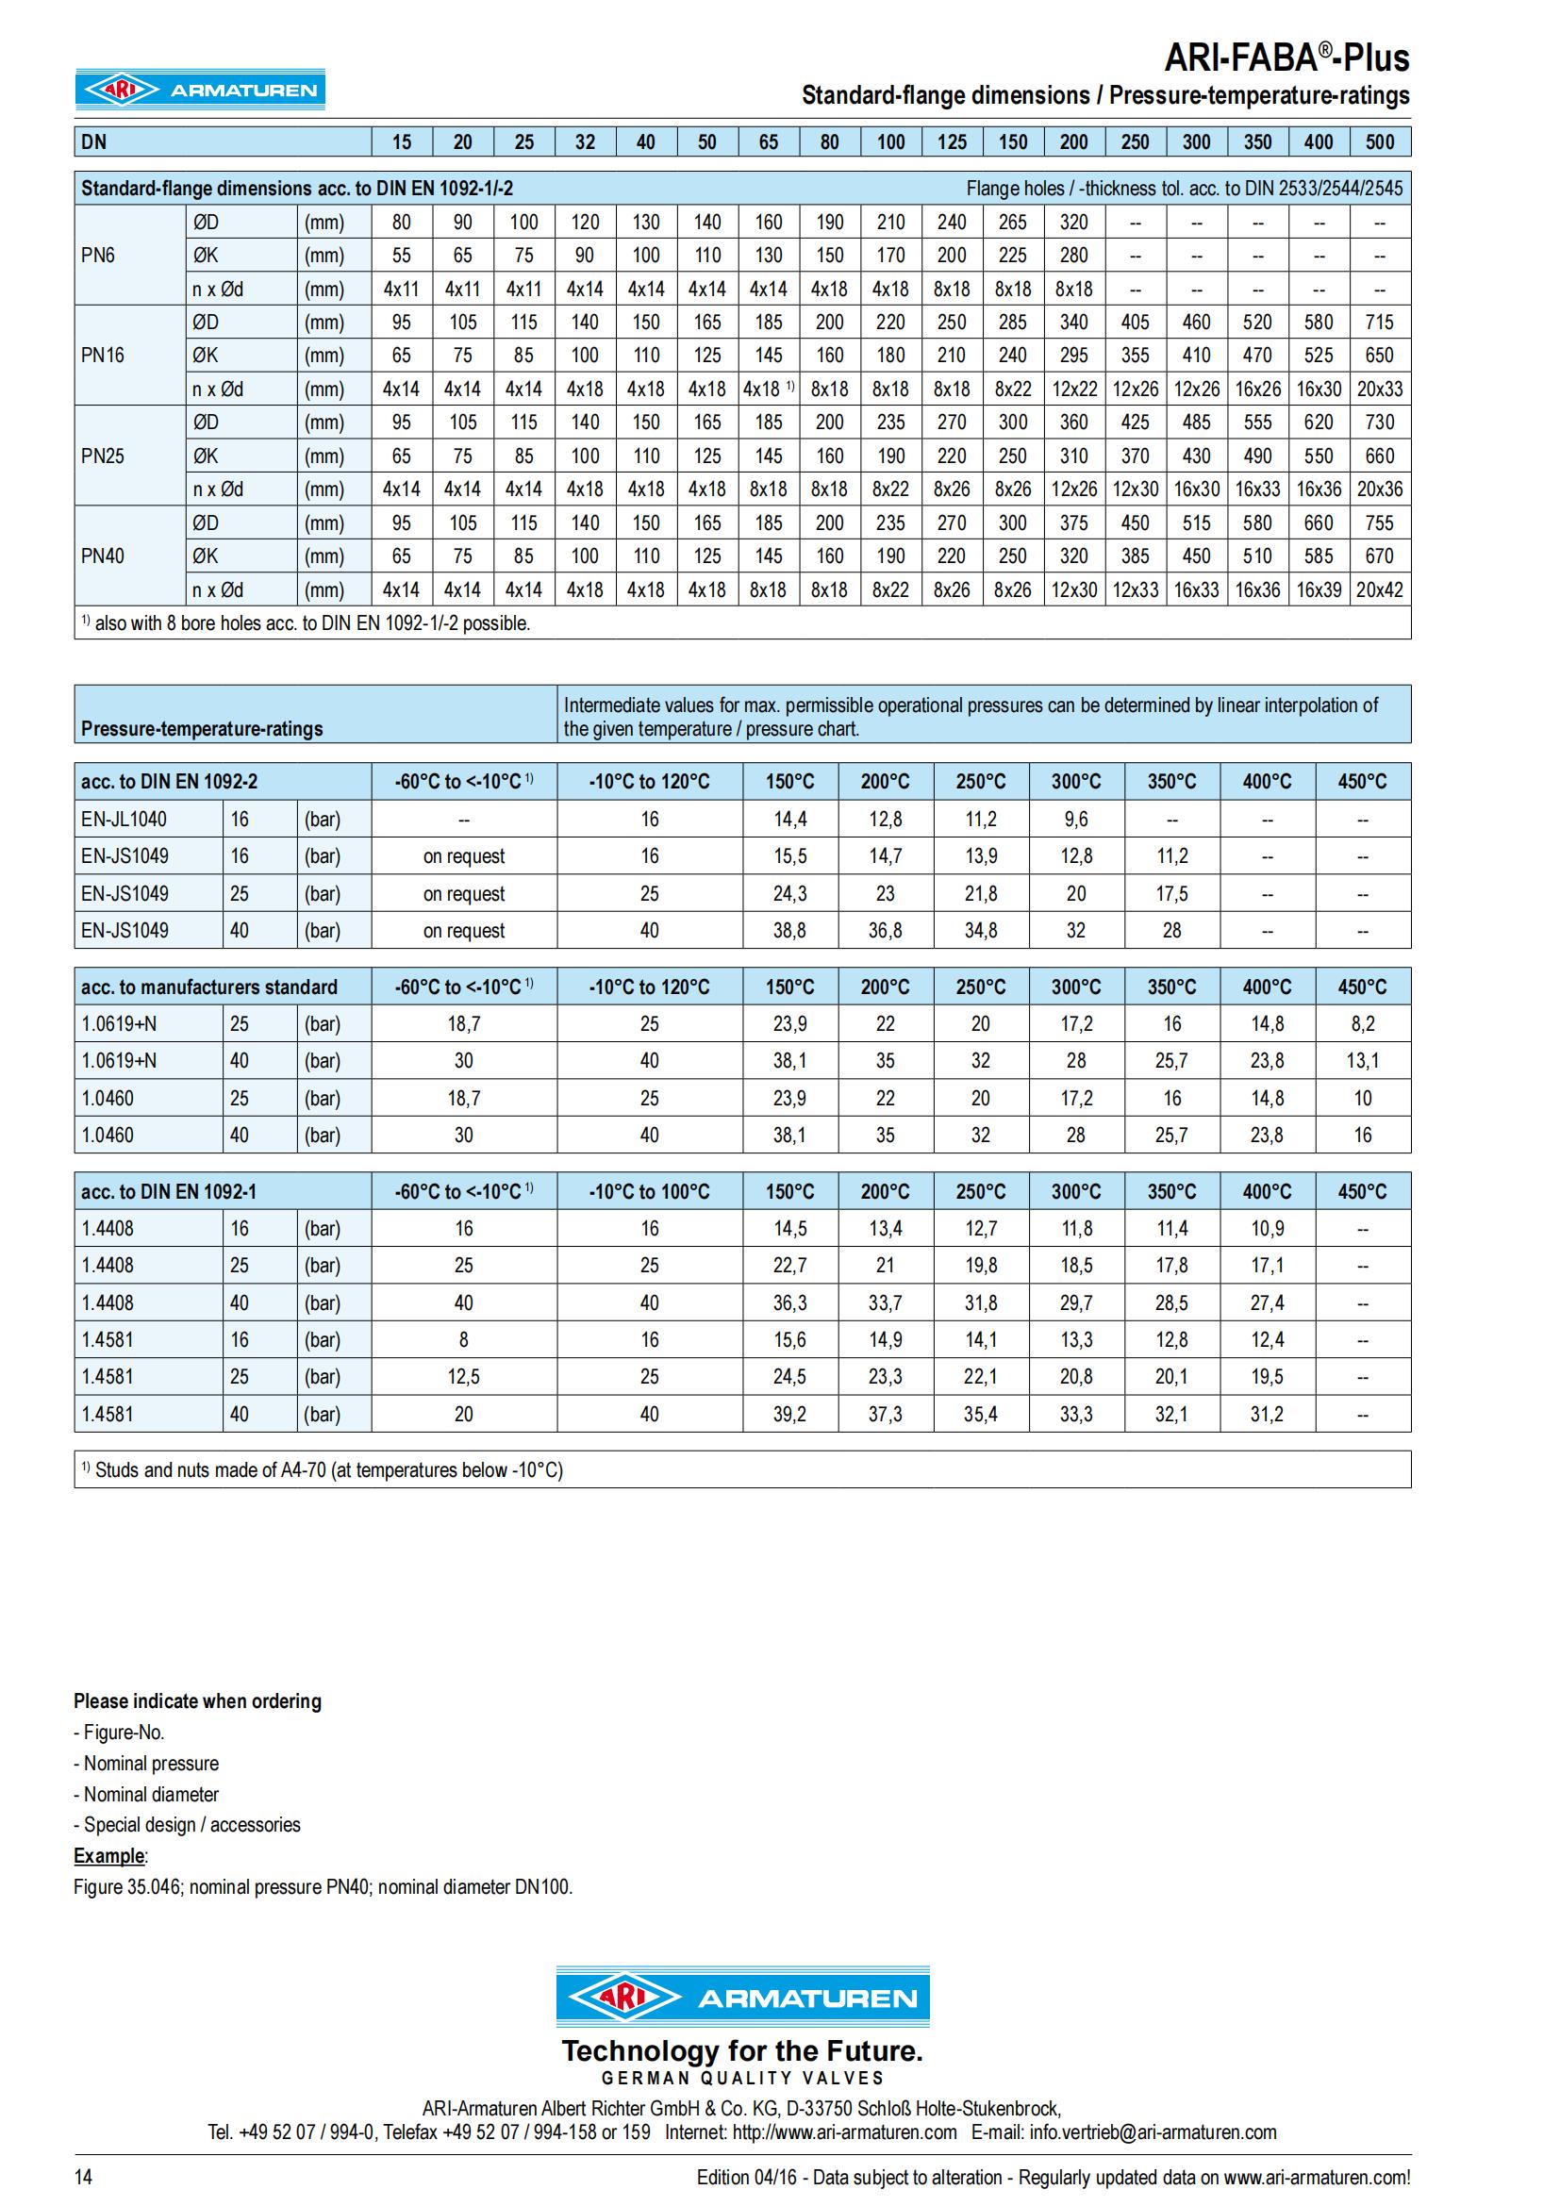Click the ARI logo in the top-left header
[x=200, y=91]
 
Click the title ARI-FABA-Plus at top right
[x=1286, y=58]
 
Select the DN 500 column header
[x=1380, y=142]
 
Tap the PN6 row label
[x=98, y=256]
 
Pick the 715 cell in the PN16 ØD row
[x=1380, y=323]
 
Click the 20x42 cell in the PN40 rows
[x=1380, y=589]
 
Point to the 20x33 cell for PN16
[x=1380, y=390]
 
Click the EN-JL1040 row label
[x=124, y=820]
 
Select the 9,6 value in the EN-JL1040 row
[x=1076, y=820]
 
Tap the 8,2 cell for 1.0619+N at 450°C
[x=1362, y=1024]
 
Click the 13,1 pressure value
[x=1362, y=1061]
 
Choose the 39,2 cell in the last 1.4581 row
[x=789, y=1415]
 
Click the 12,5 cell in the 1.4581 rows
[x=463, y=1377]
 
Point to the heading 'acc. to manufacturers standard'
[x=209, y=987]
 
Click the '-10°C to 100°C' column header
[x=649, y=1191]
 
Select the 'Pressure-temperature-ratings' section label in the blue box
[x=202, y=728]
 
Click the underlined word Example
[x=108, y=1855]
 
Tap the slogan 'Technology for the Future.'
[x=741, y=2050]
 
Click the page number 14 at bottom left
[x=84, y=2177]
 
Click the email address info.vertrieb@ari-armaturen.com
[x=1153, y=2132]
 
